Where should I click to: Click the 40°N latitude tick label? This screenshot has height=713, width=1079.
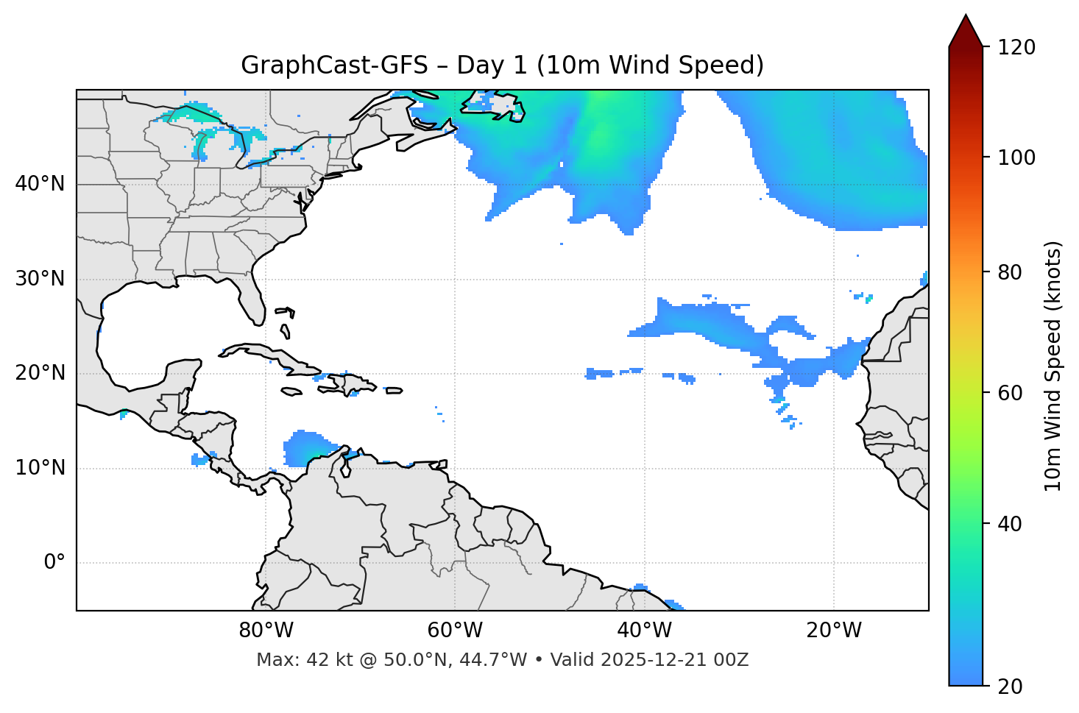(x=40, y=184)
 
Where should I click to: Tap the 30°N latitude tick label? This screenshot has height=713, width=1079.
(x=40, y=279)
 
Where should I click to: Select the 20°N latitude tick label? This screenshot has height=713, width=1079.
(x=40, y=373)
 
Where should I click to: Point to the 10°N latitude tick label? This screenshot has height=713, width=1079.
(x=40, y=468)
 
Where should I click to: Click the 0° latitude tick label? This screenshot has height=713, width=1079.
(x=54, y=563)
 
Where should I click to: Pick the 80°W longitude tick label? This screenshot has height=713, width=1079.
(x=266, y=631)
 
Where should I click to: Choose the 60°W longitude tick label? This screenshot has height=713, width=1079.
(x=455, y=631)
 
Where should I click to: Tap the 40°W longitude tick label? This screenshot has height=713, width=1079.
(x=644, y=631)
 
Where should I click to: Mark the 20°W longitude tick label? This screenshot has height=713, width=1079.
(x=833, y=631)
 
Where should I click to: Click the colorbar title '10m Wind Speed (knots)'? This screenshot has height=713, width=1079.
(x=1053, y=366)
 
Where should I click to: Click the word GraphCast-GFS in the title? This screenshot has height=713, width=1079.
(x=334, y=65)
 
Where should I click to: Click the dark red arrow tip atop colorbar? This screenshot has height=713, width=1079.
(x=966, y=29)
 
